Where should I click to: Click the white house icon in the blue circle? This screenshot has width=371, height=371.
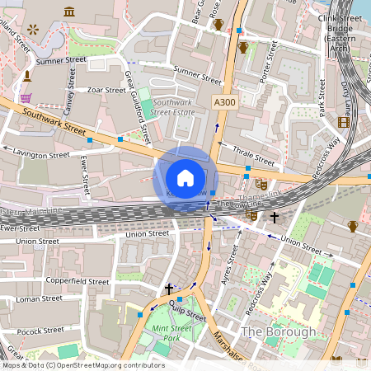[x=185, y=178]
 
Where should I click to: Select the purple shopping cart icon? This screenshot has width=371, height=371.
[x=26, y=97]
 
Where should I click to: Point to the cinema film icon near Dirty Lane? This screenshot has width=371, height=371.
[x=343, y=122]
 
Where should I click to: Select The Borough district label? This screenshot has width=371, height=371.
[x=278, y=331]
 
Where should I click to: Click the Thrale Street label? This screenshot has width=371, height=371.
[x=253, y=151]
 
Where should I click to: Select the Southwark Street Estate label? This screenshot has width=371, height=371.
[x=174, y=109]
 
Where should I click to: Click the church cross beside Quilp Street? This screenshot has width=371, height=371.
[x=169, y=289]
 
